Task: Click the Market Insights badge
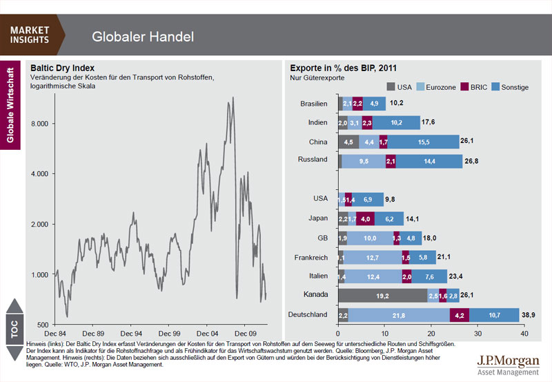[x=30, y=35]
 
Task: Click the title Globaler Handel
[x=143, y=36]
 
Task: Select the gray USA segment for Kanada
[x=382, y=296]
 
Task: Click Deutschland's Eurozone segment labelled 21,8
[x=399, y=316]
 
